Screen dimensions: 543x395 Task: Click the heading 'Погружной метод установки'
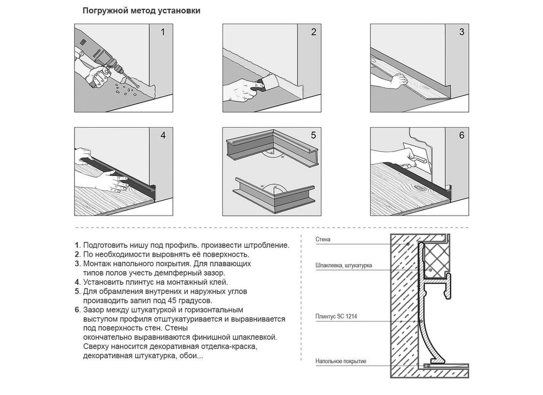point(141,11)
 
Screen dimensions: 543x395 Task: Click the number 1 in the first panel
point(163,32)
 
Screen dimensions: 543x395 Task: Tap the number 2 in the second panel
point(313,32)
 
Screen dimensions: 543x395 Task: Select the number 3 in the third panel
point(462,32)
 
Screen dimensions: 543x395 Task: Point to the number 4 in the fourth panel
point(163,135)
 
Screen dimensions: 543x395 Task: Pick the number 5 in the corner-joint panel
point(313,135)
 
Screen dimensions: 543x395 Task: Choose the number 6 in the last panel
point(462,135)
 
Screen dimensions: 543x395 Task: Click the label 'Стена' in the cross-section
point(323,240)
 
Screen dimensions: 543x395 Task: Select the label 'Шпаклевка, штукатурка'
point(344,265)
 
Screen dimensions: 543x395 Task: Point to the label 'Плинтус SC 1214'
point(336,316)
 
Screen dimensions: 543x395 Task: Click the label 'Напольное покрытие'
point(341,361)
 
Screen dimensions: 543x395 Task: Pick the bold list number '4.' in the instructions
point(78,283)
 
